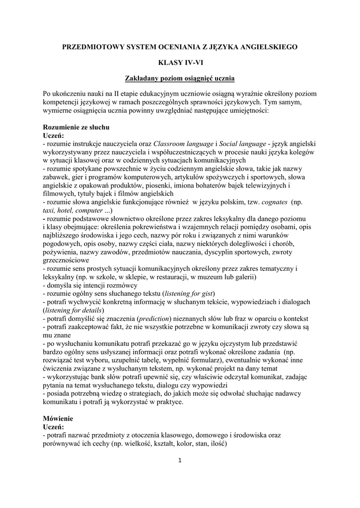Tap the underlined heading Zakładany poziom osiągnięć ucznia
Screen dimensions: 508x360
(180, 78)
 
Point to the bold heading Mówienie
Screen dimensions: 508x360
(58, 418)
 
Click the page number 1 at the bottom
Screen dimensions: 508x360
(180, 459)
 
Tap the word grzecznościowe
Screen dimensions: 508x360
(66, 259)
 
